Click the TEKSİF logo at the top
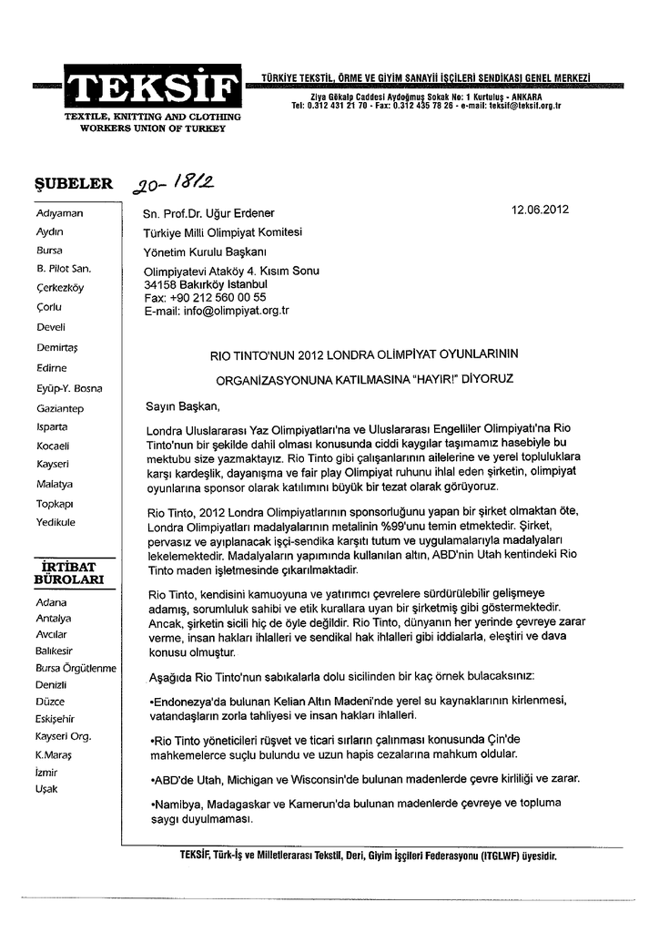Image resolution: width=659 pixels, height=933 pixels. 152,88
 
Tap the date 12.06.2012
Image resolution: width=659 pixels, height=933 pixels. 540,209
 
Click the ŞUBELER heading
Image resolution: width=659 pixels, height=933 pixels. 73,183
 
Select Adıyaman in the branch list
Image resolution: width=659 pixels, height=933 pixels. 59,211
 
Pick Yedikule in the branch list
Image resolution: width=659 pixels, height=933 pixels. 56,522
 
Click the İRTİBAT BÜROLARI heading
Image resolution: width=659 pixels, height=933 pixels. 70,573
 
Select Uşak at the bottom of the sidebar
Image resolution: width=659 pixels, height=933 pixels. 46,789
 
